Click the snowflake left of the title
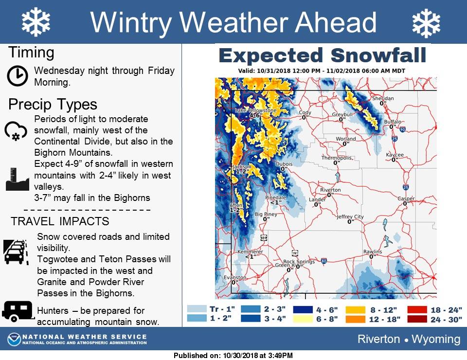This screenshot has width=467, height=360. [x=36, y=22]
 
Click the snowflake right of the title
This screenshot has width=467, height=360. [x=426, y=23]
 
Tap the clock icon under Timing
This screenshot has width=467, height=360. [x=18, y=75]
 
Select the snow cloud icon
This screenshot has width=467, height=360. [x=16, y=130]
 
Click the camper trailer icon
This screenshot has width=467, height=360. [x=18, y=311]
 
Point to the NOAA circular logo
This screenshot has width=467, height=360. [x=14, y=339]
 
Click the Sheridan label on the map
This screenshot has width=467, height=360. [x=383, y=98]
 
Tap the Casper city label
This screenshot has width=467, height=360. [x=406, y=198]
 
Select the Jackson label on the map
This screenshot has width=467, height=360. [x=242, y=166]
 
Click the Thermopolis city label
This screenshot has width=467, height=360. [x=337, y=158]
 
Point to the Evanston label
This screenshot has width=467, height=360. [x=235, y=277]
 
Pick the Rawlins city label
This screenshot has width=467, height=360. [x=373, y=252]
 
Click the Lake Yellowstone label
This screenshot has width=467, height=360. [x=255, y=110]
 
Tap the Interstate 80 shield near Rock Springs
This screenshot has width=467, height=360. [x=324, y=261]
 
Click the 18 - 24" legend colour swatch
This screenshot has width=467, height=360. [x=417, y=310]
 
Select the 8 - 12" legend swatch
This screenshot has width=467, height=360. [x=355, y=310]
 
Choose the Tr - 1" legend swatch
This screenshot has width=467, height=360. [x=197, y=309]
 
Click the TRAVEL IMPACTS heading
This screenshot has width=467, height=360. [x=60, y=221]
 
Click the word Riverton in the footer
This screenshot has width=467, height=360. [x=378, y=339]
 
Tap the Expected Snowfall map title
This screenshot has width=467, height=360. [x=323, y=55]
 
